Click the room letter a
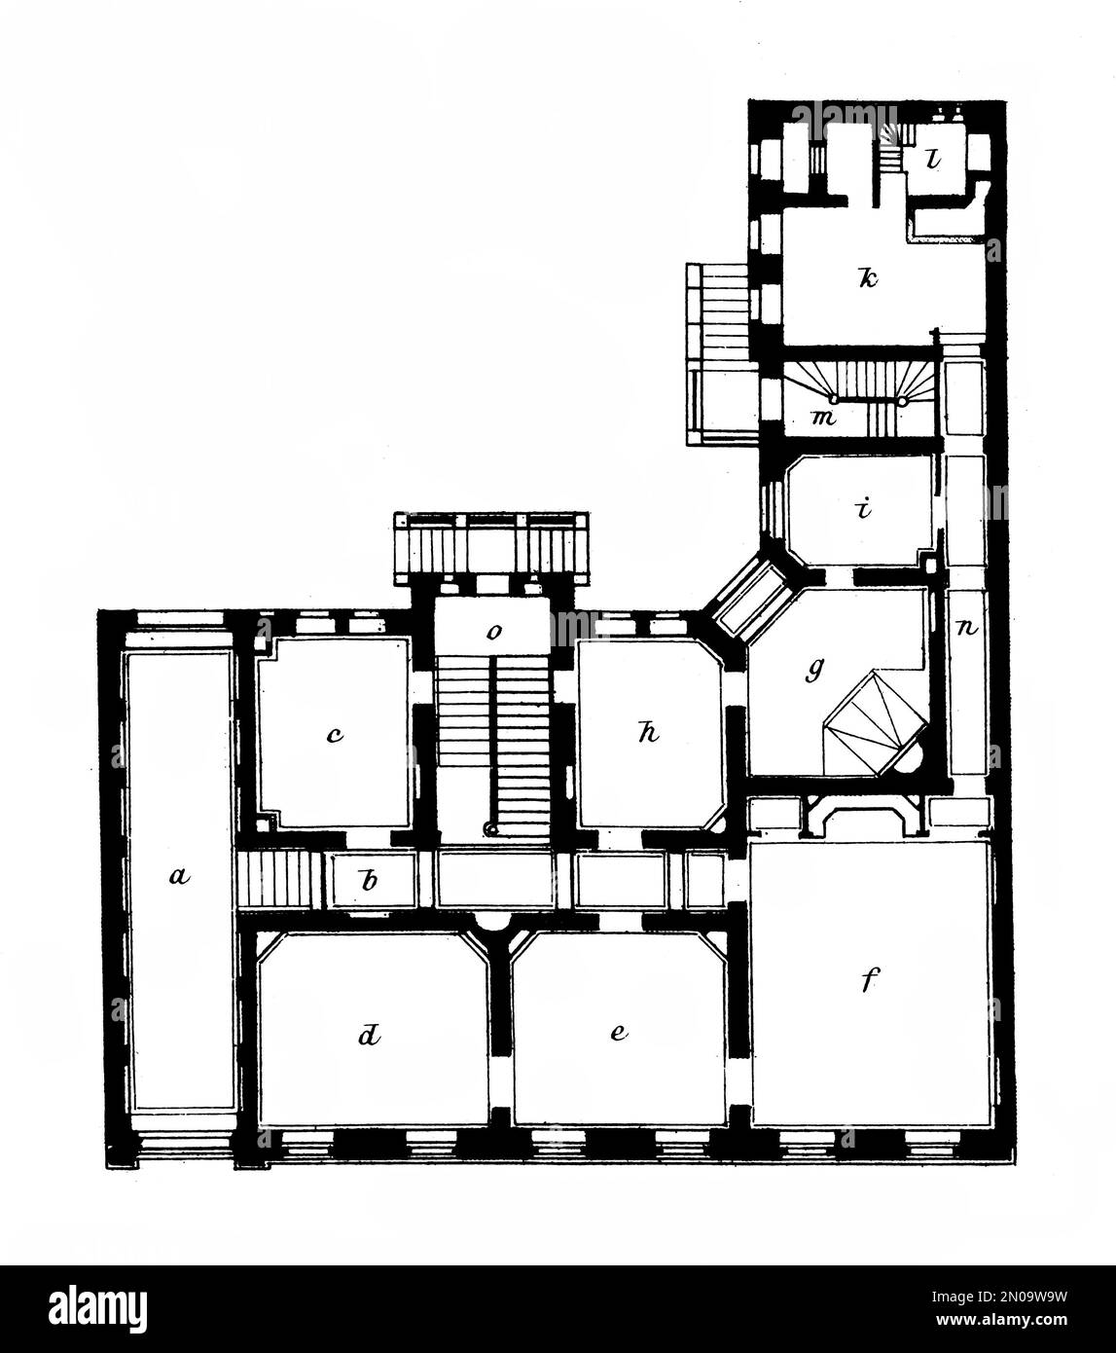pos(176,877)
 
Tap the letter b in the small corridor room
pos(369,882)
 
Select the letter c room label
pos(334,735)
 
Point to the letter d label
pos(368,1037)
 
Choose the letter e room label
pos(618,1033)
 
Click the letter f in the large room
pos(868,982)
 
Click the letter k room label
pos(867,278)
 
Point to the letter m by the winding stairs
pos(825,418)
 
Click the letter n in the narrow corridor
pos(968,628)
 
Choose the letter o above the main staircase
pos(494,632)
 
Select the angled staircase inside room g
pos(872,725)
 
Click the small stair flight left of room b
pos(277,880)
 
